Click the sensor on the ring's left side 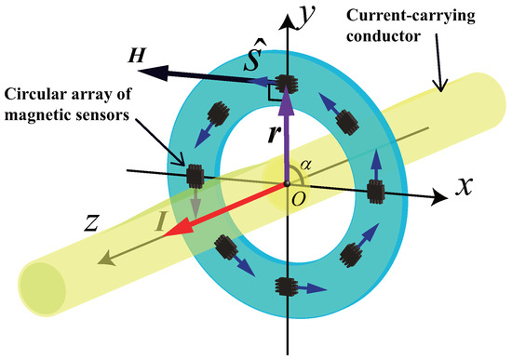tap(195, 175)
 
